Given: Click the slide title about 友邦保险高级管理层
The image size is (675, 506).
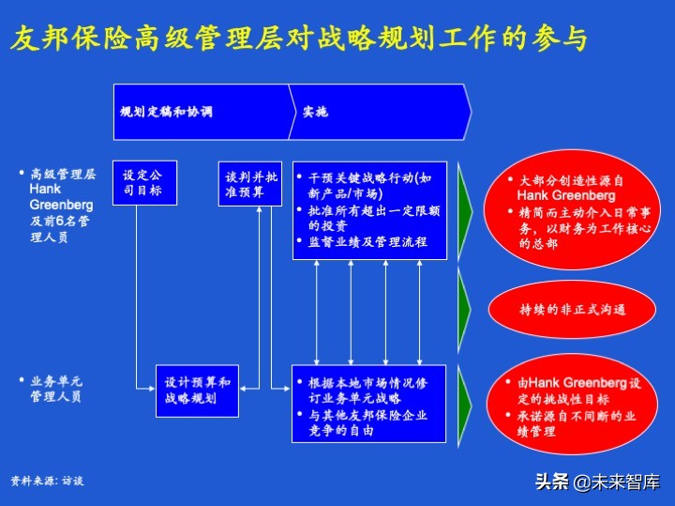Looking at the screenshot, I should click(x=300, y=40).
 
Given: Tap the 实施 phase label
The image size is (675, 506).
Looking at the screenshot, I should click(x=315, y=112).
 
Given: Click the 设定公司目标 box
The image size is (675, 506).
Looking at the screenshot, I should click(x=142, y=183).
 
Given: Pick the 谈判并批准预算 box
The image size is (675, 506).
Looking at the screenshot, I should click(x=251, y=183).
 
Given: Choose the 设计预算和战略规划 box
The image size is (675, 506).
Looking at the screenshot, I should click(x=197, y=391).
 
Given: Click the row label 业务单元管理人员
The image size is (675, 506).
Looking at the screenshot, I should click(x=56, y=389).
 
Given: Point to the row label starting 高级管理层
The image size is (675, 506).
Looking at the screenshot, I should click(x=62, y=205).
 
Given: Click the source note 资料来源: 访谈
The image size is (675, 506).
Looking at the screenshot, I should click(x=47, y=481).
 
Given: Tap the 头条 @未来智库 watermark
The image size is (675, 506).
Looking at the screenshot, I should click(x=598, y=482).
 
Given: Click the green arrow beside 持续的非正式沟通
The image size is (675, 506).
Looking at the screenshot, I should click(x=463, y=302).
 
